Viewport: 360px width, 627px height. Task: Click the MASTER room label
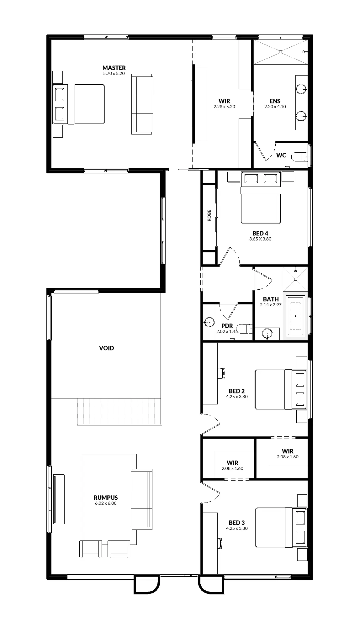coord(114,68)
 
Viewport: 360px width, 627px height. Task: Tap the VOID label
coord(107,348)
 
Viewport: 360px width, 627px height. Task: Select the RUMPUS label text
coord(106,498)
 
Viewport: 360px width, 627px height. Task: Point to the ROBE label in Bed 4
coord(209,215)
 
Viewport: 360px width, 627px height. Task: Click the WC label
coord(281,155)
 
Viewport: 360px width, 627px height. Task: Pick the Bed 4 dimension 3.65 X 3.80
coord(260,239)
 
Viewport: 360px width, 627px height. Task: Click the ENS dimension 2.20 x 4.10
coord(275,107)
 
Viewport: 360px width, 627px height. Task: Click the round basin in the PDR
coord(209,322)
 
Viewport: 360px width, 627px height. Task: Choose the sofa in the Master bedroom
coord(142,104)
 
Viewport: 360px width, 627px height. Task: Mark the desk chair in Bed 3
coord(221,543)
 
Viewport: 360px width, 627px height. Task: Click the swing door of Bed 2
coord(211,425)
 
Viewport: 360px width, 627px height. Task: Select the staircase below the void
coord(119,411)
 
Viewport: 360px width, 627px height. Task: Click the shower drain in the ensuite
coord(281,52)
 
